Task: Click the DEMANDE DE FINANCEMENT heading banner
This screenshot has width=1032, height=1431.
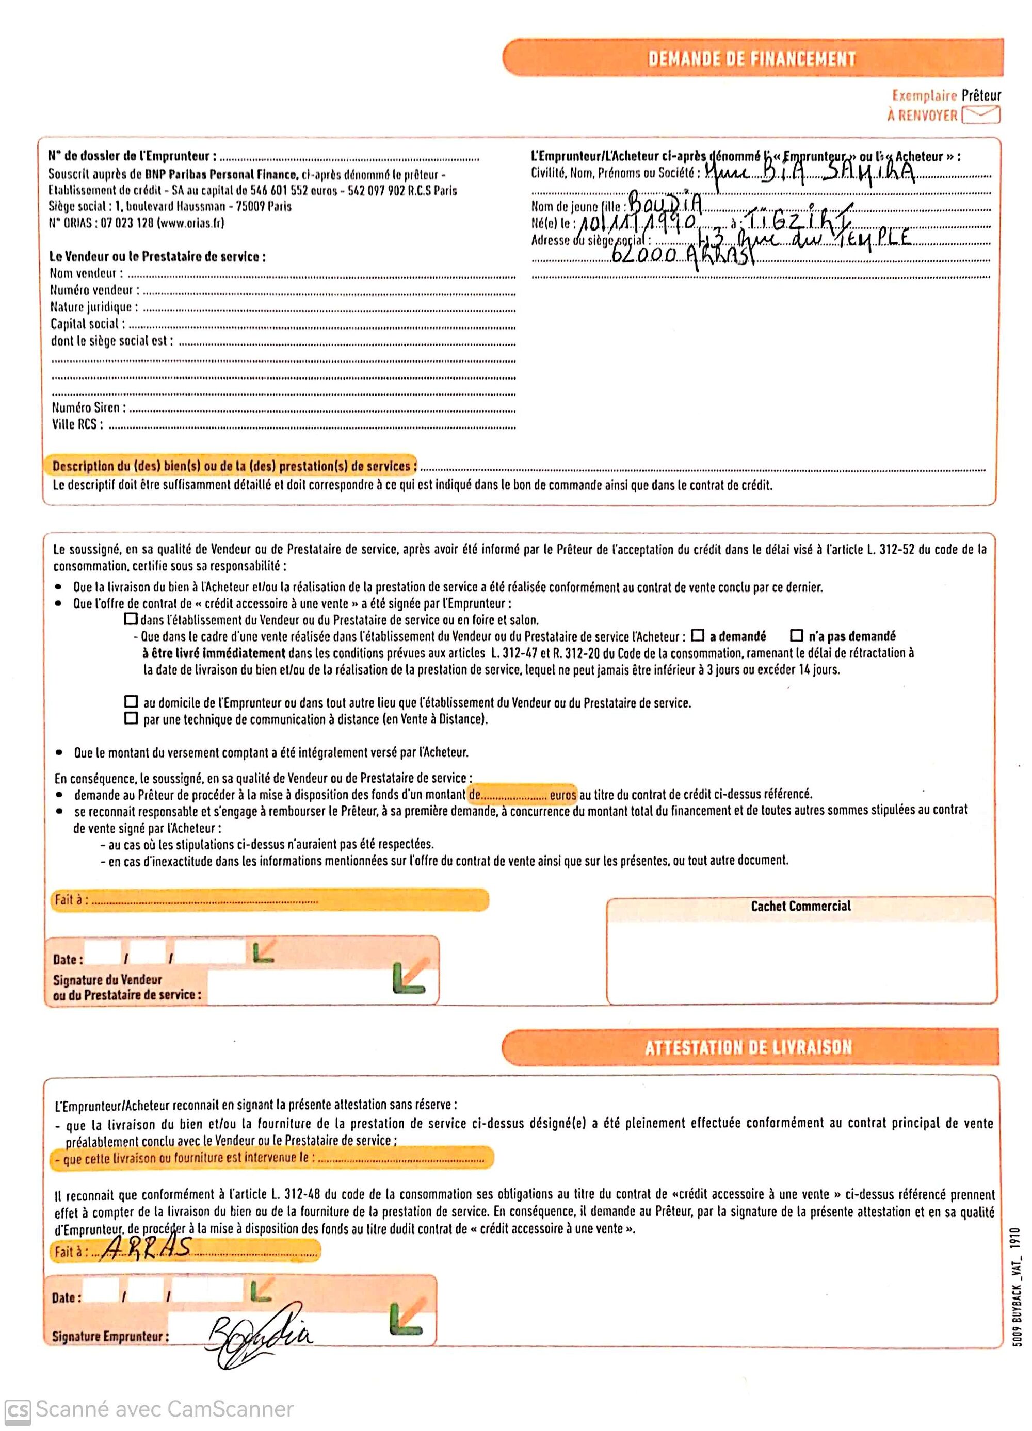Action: point(751,58)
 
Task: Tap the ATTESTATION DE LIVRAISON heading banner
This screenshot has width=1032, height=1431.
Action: point(749,1047)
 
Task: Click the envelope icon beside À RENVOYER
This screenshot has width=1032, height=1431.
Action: point(981,115)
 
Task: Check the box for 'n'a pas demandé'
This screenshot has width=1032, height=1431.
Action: point(797,635)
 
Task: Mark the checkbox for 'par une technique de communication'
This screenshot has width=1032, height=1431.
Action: point(131,718)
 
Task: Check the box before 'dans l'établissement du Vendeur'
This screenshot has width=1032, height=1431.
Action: point(131,618)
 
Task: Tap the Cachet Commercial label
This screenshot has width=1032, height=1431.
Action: point(800,906)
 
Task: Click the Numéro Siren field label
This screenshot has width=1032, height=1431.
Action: point(88,407)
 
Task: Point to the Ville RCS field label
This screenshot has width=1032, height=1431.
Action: point(77,424)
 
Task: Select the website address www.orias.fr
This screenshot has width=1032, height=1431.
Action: point(190,223)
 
